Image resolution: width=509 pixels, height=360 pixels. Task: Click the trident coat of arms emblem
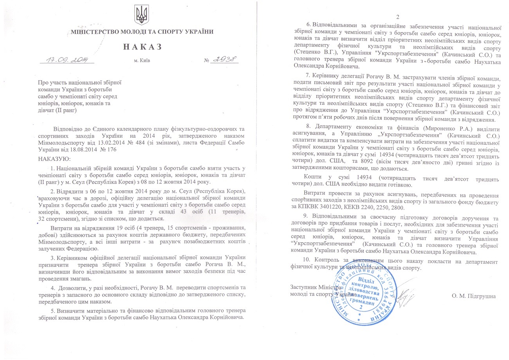tap(141, 15)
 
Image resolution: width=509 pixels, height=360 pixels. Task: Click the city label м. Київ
tap(142, 61)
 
